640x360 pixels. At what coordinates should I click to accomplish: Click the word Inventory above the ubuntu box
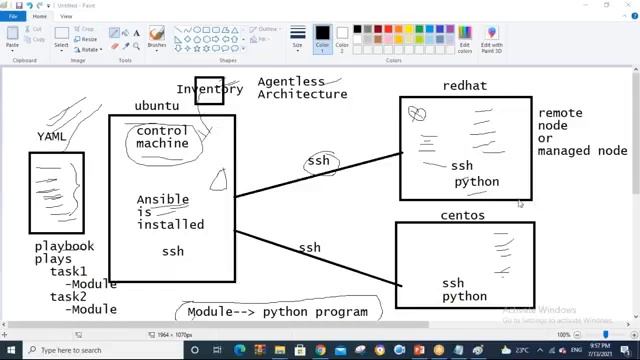tap(209, 89)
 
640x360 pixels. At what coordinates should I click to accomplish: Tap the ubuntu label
tap(157, 105)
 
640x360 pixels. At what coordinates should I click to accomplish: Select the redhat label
tap(464, 86)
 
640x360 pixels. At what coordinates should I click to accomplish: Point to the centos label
tap(462, 215)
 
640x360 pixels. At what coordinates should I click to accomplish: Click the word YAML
tap(52, 136)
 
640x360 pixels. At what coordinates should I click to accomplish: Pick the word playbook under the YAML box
tap(64, 246)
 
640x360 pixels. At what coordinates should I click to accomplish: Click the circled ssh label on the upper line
tap(318, 160)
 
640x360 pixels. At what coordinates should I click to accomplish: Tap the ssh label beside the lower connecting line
tap(309, 247)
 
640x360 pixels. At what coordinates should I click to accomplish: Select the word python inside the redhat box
tap(476, 182)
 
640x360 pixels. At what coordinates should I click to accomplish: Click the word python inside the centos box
tap(464, 296)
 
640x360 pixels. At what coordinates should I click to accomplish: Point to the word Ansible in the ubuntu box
tap(162, 199)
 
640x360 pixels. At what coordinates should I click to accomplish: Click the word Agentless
tap(291, 81)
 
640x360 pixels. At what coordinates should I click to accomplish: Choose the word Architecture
tap(302, 94)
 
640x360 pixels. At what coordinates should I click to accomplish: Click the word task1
tap(68, 271)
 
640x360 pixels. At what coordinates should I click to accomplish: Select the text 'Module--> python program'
tap(277, 311)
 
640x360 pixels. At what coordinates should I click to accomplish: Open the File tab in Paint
tap(14, 16)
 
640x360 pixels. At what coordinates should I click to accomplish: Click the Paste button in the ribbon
tap(12, 38)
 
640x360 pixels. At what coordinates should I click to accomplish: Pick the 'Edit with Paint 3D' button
tap(492, 38)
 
